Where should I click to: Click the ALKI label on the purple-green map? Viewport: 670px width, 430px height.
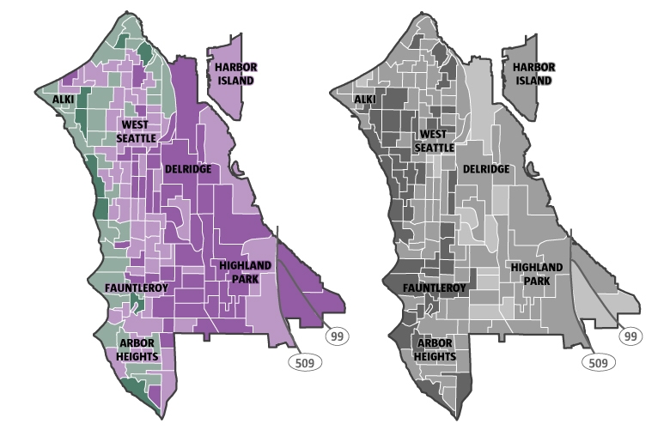coord(63,100)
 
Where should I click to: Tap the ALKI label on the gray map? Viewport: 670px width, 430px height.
coord(364,100)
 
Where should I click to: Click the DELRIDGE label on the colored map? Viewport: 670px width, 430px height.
coord(187,169)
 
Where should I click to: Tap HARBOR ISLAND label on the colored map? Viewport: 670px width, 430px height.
coord(235,74)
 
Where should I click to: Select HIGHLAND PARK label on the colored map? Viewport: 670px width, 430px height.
coord(244,272)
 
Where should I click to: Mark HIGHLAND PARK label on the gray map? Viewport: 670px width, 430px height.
coord(537,274)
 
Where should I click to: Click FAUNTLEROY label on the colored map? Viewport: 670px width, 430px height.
coord(136,288)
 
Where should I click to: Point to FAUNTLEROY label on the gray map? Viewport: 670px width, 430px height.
coord(435,288)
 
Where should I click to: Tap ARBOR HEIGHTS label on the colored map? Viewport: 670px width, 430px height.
coord(137,350)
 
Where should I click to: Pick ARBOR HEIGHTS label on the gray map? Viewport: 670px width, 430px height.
coord(435,349)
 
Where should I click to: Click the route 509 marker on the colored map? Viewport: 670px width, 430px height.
coord(304,363)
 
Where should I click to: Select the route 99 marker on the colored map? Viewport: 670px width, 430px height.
coord(337,337)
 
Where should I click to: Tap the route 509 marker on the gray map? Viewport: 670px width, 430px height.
coord(602,363)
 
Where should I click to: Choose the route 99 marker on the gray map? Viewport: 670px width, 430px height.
coord(634,337)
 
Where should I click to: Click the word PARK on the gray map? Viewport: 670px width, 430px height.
coord(537,280)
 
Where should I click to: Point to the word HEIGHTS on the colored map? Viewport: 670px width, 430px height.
coord(137,356)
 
